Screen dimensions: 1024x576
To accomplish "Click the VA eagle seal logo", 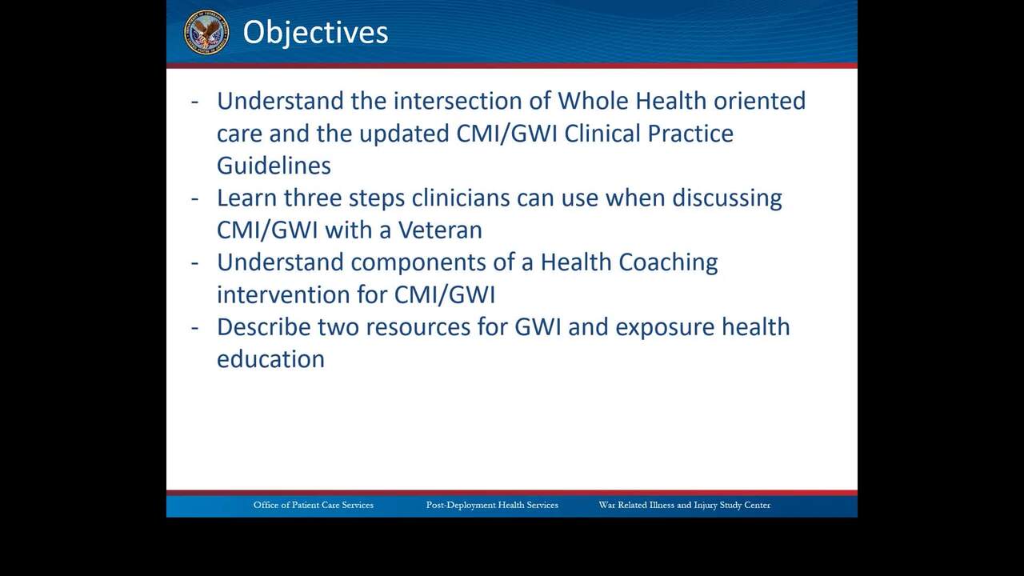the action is click(206, 32).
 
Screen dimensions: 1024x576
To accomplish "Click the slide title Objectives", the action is click(315, 33).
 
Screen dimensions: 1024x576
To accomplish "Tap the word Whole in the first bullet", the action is click(593, 101).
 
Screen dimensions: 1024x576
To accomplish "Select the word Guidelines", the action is click(274, 165).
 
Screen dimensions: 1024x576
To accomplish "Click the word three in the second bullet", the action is click(313, 198).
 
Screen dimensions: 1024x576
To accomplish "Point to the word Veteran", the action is click(440, 230).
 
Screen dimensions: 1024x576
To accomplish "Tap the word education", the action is click(270, 359).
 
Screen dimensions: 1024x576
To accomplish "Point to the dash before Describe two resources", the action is click(194, 328).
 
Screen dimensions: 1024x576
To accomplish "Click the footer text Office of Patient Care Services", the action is click(314, 505).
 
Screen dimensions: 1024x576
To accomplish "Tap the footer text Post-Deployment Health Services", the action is click(492, 505).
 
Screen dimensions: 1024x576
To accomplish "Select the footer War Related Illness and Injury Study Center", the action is click(685, 505).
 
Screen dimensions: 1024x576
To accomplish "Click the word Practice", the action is click(690, 134).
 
